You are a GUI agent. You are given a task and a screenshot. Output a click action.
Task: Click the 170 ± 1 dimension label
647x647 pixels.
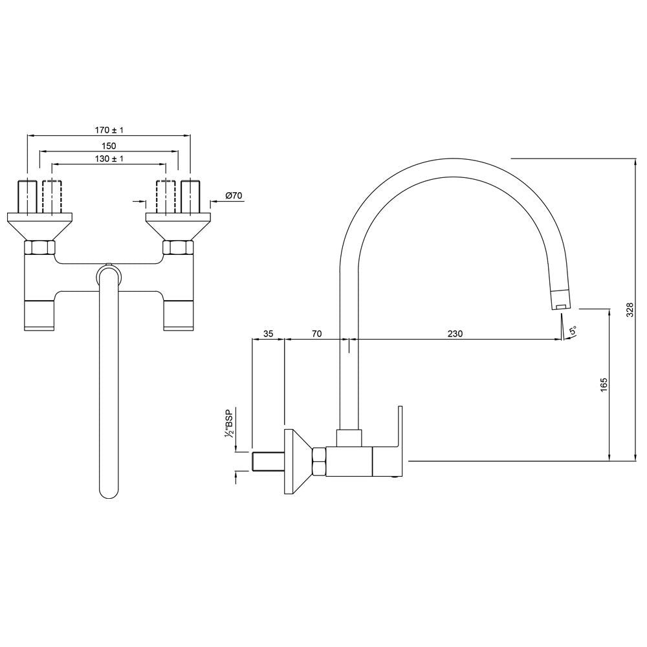(108, 130)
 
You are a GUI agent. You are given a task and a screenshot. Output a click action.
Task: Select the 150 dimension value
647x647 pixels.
(108, 146)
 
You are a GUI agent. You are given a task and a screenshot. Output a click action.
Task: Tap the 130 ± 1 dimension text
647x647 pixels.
(108, 159)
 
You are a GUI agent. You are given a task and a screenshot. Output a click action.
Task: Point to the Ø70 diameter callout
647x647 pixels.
(233, 195)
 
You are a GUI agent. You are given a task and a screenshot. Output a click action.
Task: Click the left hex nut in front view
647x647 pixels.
(39, 247)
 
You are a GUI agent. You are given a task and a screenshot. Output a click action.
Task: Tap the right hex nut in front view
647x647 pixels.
(177, 247)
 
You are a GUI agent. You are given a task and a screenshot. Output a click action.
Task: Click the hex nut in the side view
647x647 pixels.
(319, 462)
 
